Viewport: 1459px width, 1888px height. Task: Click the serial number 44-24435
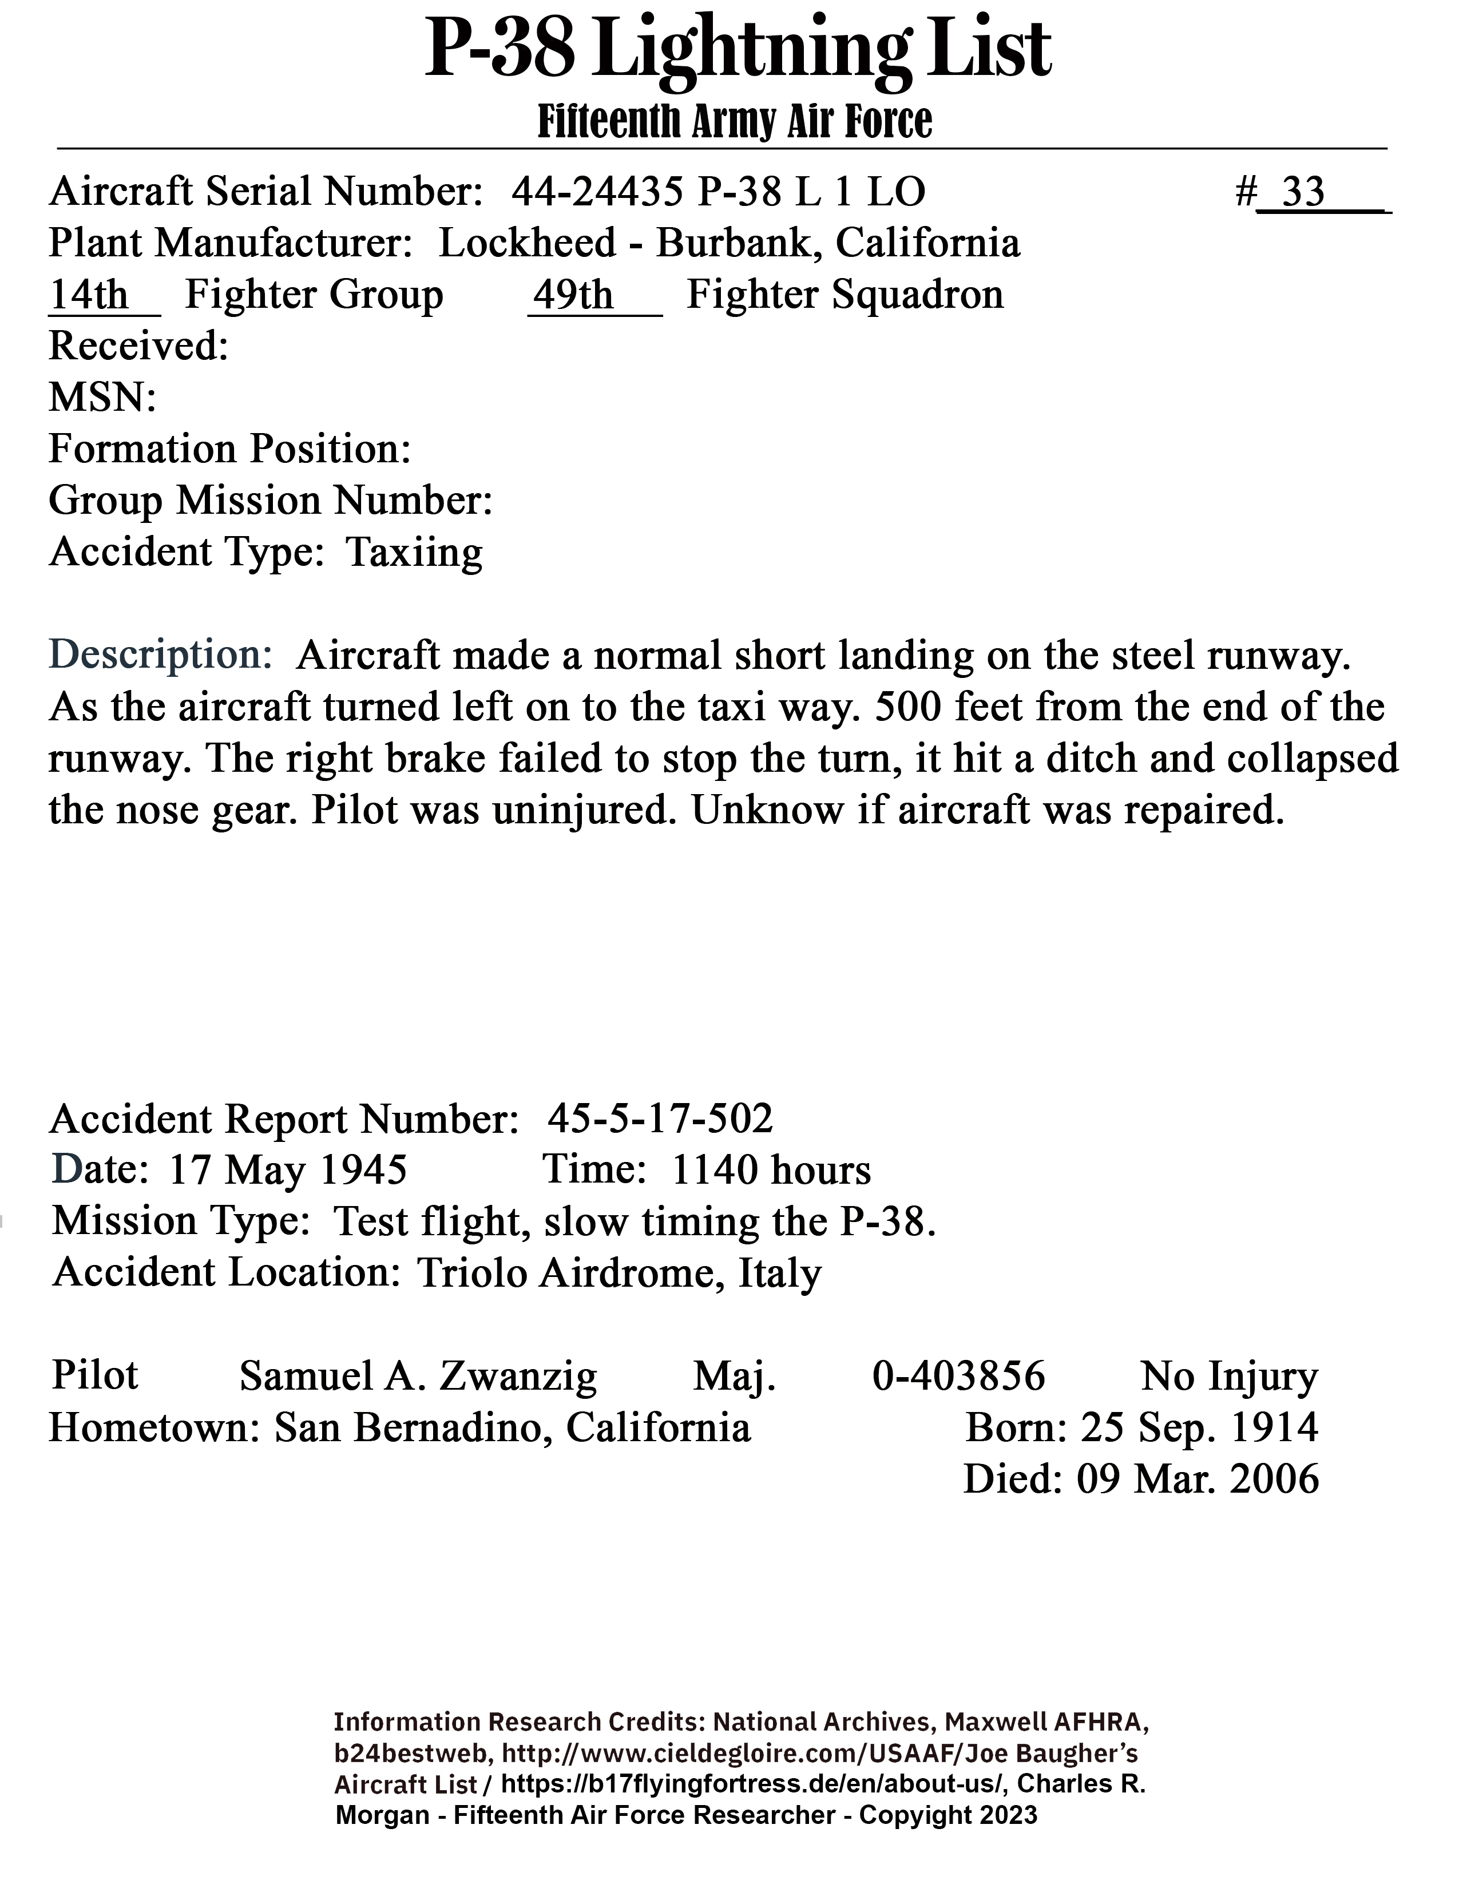point(596,191)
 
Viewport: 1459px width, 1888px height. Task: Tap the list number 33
point(1303,191)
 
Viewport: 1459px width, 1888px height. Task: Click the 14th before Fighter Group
point(88,295)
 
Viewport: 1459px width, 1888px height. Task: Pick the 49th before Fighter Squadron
point(572,295)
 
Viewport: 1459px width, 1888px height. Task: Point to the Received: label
point(138,347)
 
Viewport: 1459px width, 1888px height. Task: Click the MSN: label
point(102,398)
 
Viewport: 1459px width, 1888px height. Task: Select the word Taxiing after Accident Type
point(414,553)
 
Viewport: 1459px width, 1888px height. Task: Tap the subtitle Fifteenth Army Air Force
point(735,121)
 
